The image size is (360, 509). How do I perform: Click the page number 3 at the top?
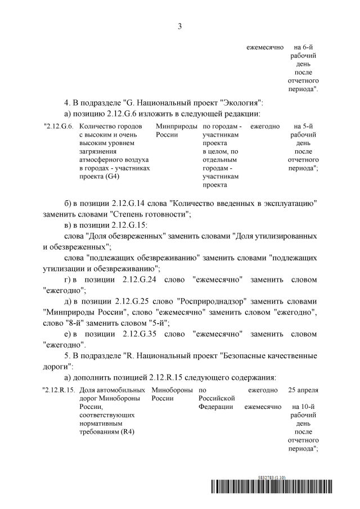[180, 26]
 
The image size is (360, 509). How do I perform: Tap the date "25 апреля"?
[303, 389]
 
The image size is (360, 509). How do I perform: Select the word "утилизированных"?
[278, 236]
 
